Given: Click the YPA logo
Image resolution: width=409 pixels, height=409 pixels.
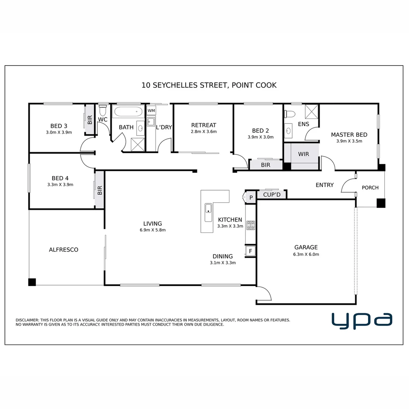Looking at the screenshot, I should pos(362,320).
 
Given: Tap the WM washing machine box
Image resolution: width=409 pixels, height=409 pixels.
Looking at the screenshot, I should pos(151,111).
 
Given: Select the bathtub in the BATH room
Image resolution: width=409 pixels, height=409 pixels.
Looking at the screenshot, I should pos(128,112).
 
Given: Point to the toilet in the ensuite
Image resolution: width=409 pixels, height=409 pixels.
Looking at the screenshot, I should pos(290,114).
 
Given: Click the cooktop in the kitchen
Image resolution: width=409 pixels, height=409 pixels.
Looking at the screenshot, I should pos(251,225).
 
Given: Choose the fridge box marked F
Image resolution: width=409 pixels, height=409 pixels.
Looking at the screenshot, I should pos(250,251).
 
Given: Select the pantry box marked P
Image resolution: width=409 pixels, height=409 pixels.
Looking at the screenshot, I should pos(251,197).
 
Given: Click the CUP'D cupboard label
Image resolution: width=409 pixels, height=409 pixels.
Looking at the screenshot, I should pos(272,195).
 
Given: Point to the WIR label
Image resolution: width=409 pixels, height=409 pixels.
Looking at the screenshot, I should pos(303,154).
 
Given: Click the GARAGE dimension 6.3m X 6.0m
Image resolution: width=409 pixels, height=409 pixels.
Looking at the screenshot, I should pos(306,254).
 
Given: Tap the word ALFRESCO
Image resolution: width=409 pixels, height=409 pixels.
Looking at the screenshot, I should pos(64,250).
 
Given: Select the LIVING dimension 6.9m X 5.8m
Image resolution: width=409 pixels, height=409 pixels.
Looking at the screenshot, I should pos(153,230).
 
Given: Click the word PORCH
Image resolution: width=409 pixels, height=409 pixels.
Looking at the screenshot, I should pos(370,187).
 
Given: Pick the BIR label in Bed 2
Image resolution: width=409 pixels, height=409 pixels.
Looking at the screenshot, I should pos(265,165).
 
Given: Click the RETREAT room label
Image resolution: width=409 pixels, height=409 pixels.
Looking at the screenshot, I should pos(204,125).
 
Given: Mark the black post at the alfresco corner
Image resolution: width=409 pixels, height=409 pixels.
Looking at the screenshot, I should pos(32,282).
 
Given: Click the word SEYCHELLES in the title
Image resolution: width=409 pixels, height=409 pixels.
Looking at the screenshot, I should pos(175,85).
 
